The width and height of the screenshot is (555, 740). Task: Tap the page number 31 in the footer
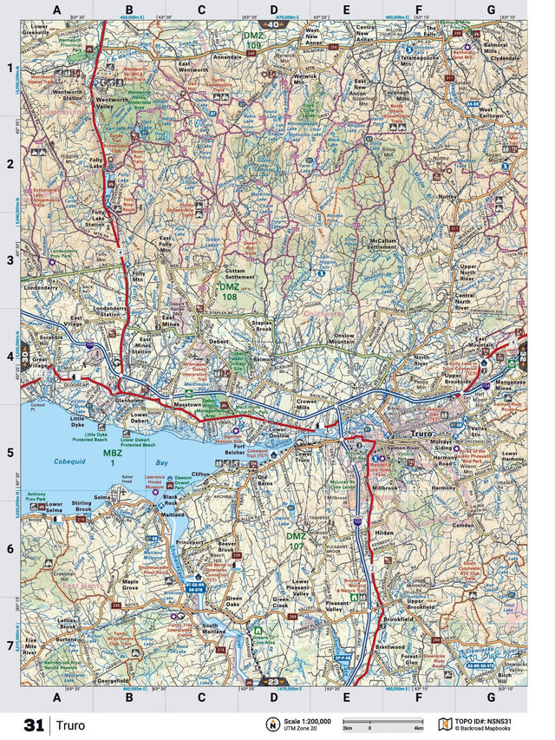34,724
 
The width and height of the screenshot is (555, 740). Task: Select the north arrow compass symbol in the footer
271,724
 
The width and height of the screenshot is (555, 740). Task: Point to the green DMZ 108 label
228,291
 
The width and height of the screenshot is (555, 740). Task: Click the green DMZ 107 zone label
297,541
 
